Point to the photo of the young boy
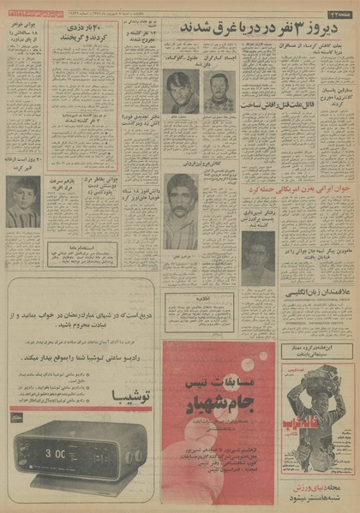click(22, 202)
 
